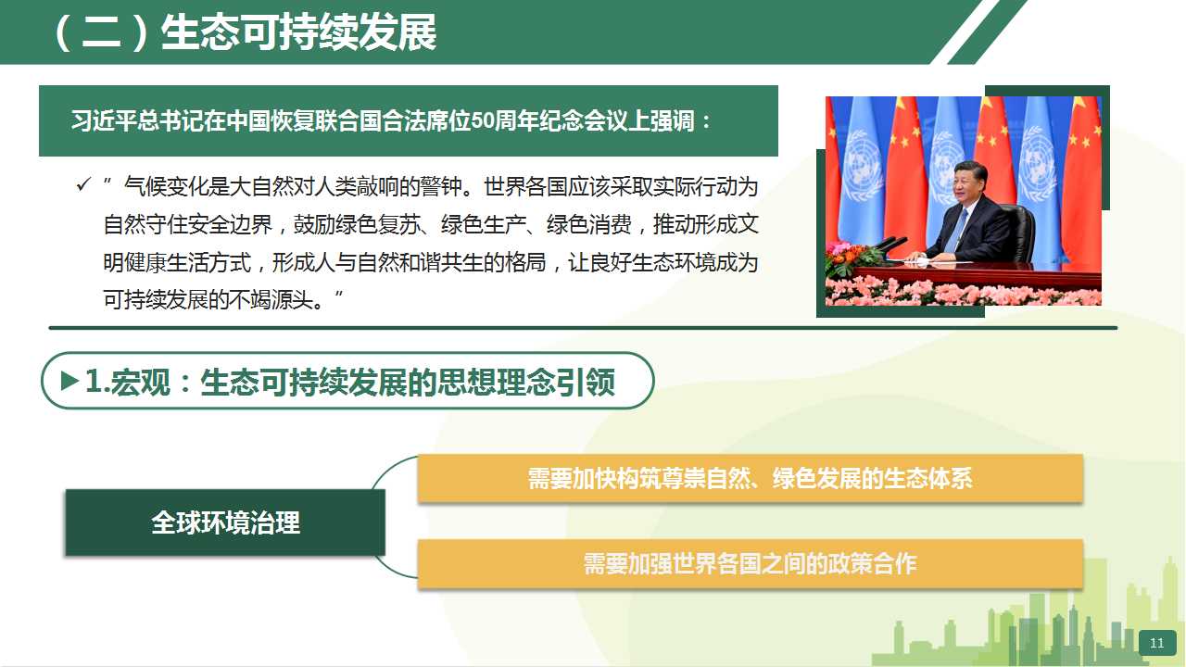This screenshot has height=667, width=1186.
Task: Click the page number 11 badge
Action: (x=1157, y=643)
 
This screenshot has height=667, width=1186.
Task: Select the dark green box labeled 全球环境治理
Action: (x=225, y=522)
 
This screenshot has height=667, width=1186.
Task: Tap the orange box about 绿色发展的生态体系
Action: (x=751, y=478)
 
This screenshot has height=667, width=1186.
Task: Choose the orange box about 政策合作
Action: (x=751, y=564)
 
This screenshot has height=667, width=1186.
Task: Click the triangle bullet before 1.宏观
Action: (x=69, y=381)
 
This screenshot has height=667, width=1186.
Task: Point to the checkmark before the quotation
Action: (x=83, y=184)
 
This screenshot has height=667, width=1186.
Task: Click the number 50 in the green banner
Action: (x=481, y=120)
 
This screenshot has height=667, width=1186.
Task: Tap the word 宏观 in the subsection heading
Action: (x=142, y=382)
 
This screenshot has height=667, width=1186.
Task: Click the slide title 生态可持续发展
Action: (x=298, y=32)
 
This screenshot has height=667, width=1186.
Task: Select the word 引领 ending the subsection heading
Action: (x=586, y=382)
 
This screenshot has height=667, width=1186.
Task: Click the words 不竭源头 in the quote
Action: (x=271, y=300)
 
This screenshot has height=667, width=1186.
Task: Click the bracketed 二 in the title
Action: (x=101, y=32)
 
